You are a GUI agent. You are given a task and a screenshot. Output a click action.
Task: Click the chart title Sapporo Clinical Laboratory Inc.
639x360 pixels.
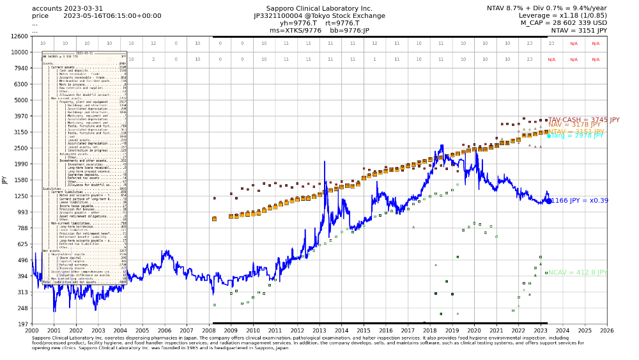point(313,8)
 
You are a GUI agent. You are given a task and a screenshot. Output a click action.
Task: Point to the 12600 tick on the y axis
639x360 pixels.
point(19,36)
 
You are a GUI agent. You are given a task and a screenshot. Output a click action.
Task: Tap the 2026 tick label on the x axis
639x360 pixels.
point(606,330)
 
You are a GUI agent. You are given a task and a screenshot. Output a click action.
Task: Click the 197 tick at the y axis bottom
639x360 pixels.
point(22,324)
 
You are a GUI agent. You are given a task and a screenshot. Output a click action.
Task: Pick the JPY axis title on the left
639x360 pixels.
point(5,180)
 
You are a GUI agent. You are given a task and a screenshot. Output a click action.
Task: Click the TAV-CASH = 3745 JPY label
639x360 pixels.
point(583,120)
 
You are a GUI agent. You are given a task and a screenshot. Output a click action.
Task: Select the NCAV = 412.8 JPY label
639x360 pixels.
point(577,272)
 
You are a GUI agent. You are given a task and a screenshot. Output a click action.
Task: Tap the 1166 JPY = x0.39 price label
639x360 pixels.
point(579,201)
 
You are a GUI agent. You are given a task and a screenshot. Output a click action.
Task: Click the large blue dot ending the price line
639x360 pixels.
point(549,201)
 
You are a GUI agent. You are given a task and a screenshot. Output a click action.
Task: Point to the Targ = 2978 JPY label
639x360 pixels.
point(576,136)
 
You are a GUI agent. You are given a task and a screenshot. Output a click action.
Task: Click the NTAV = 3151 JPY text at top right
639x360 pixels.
point(579,30)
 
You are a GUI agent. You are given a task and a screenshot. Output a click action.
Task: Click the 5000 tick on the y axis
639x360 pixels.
point(20,100)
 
